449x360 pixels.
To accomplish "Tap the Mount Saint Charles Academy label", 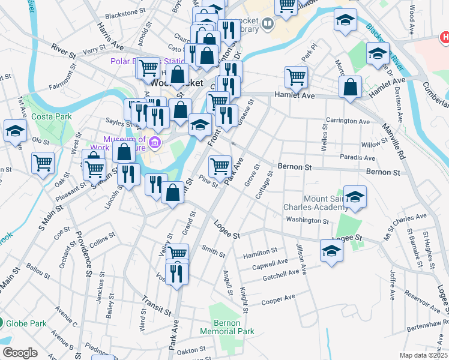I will (315, 203).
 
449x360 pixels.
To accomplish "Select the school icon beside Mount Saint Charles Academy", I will (355, 197).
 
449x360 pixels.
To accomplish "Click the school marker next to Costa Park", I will (15, 131).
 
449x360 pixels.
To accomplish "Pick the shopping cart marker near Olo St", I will (43, 163).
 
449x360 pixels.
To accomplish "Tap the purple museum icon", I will (155, 143).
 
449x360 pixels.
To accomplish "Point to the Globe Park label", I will (26, 323).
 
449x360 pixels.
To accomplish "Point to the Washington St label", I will (308, 220).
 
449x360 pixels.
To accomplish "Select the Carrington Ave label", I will (348, 121).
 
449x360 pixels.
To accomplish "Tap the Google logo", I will (20, 353).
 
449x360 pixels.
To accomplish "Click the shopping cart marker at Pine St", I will (220, 166).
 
